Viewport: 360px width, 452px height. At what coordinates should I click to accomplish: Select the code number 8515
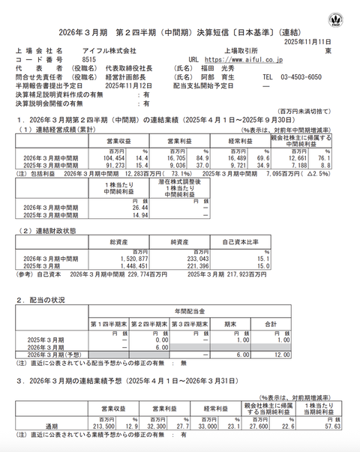(88, 58)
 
